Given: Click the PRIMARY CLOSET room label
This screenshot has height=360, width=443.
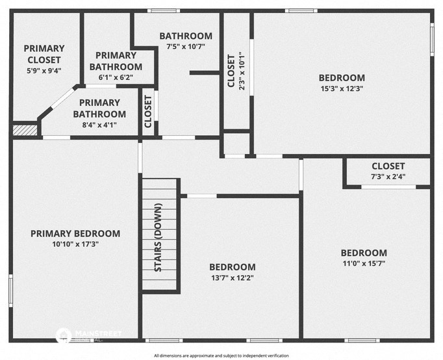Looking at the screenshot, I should click(x=44, y=53).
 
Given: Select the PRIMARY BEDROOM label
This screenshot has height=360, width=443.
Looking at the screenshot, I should click(x=75, y=234).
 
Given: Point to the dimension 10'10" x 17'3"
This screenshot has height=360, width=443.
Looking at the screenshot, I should click(x=75, y=244).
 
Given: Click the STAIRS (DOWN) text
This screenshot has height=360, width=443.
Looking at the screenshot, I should click(x=158, y=237).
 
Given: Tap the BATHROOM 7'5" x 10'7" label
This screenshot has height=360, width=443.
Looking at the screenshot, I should click(x=186, y=36).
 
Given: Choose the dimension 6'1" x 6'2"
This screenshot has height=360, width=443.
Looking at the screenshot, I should click(x=116, y=77).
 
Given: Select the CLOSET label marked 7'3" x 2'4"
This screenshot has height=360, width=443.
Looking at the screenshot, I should click(x=388, y=166).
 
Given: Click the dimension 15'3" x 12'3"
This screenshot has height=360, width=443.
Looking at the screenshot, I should click(x=342, y=88).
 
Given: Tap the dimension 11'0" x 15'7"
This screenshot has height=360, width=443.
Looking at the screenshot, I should click(x=364, y=264).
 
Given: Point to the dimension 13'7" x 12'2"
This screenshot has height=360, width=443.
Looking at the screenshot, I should click(x=232, y=277).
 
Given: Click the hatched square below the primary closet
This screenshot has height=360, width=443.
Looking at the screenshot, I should click(x=25, y=129).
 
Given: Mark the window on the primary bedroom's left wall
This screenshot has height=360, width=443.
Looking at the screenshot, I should click(x=10, y=289).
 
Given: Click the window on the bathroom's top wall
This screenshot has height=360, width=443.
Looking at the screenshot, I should click(x=162, y=11).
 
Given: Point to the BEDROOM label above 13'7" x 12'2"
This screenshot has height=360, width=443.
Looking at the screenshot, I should click(x=232, y=267).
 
